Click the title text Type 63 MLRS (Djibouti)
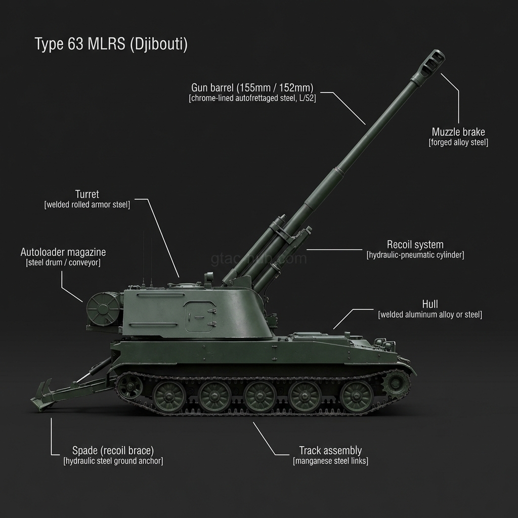pyautogui.click(x=111, y=44)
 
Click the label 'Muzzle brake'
pyautogui.click(x=458, y=132)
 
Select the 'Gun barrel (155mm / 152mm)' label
pyautogui.click(x=252, y=88)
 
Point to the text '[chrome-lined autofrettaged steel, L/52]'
pyautogui.click(x=252, y=98)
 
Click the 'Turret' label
pyautogui.click(x=87, y=194)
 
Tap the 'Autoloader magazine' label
pyautogui.click(x=63, y=252)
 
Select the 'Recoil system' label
pyautogui.click(x=415, y=244)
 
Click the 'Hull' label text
pyautogui.click(x=430, y=304)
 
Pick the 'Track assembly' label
pyautogui.click(x=330, y=450)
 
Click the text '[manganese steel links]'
pyautogui.click(x=330, y=461)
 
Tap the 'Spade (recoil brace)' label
pyautogui.click(x=113, y=450)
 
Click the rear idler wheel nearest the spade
pyautogui.click(x=129, y=386)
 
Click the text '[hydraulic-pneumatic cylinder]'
pyautogui.click(x=415, y=255)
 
